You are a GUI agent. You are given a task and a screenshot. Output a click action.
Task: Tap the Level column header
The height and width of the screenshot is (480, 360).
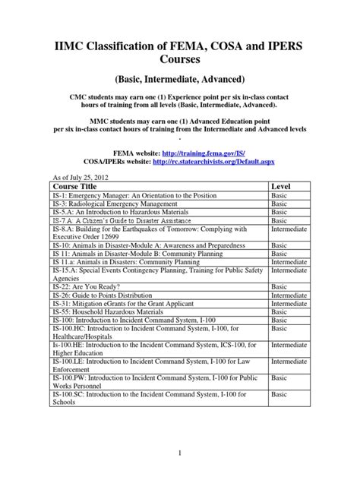[281, 186]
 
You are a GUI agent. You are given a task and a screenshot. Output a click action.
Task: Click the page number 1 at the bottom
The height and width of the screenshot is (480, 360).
[179, 453]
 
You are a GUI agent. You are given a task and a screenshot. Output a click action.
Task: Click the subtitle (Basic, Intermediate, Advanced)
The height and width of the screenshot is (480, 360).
[179, 78]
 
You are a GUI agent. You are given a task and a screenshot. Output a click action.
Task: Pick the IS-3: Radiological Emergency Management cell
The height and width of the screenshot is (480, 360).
[111, 204]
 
